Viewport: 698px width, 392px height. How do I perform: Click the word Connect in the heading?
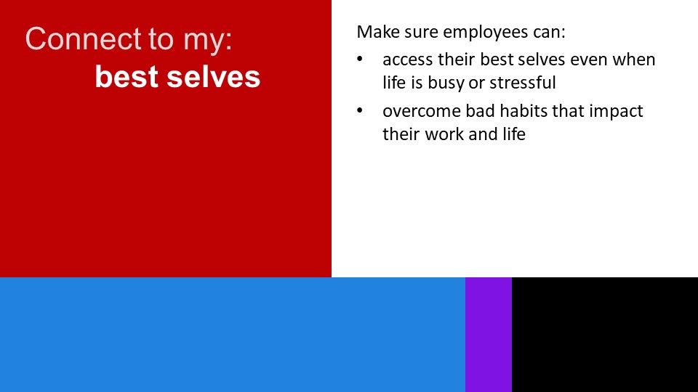tap(83, 38)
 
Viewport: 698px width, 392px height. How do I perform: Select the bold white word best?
tap(127, 76)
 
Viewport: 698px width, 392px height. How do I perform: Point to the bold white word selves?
tap(213, 76)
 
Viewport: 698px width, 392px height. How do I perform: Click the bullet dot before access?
tap(360, 59)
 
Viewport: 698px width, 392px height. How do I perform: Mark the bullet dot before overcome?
tap(360, 110)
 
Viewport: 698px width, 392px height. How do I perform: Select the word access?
tap(408, 60)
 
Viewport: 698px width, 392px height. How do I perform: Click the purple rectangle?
tap(489, 335)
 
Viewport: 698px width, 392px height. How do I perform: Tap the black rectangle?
tap(605, 335)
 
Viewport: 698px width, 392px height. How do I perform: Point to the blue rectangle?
tap(233, 335)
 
